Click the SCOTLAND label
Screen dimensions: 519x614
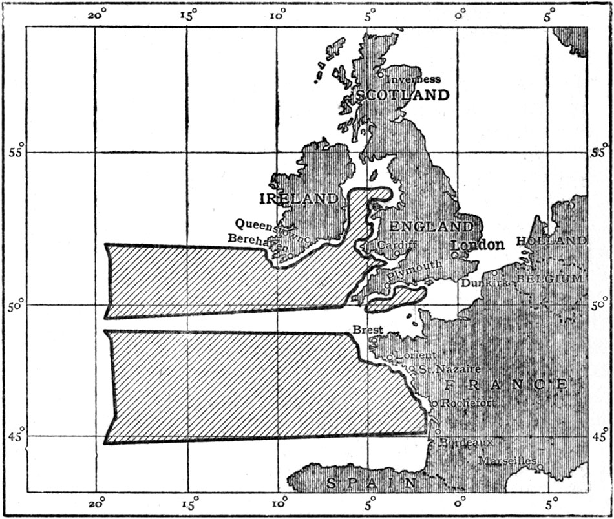pyautogui.click(x=402, y=95)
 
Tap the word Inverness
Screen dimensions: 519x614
pyautogui.click(x=413, y=79)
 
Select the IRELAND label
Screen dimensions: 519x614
pyautogui.click(x=298, y=198)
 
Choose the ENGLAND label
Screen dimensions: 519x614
pyautogui.click(x=432, y=227)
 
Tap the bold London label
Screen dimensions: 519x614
pyautogui.click(x=478, y=246)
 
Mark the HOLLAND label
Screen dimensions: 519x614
pyautogui.click(x=551, y=240)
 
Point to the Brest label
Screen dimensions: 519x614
pyautogui.click(x=368, y=330)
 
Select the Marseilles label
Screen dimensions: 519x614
pyautogui.click(x=507, y=460)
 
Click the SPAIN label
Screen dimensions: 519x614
pyautogui.click(x=371, y=483)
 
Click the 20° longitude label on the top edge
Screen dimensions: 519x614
pyautogui.click(x=97, y=16)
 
